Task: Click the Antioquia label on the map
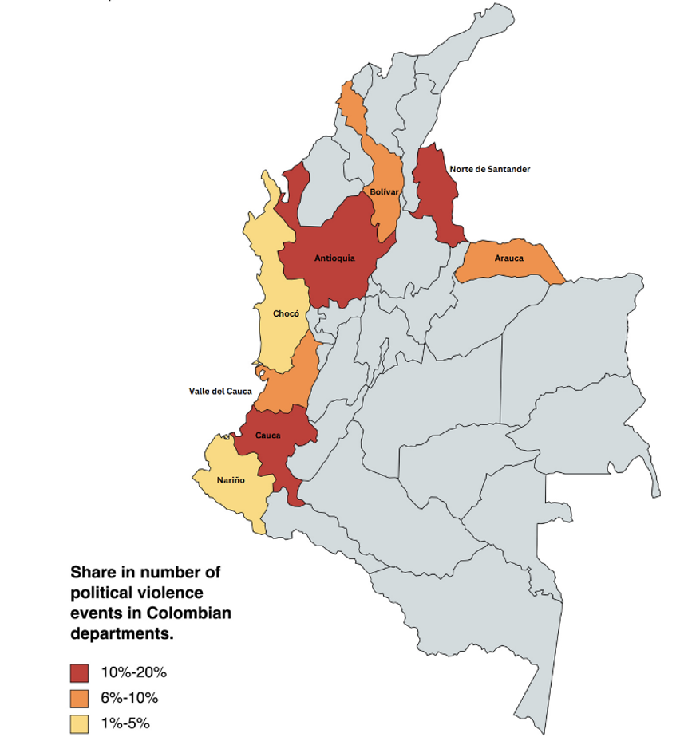[334, 258]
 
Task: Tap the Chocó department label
[286, 313]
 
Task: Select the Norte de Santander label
[489, 169]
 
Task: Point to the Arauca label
[508, 258]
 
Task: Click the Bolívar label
[384, 192]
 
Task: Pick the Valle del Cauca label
[220, 391]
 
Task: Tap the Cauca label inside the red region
[267, 436]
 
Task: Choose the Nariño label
[231, 480]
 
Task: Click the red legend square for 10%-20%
[81, 672]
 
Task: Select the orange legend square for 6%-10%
[81, 698]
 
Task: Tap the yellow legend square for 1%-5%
[81, 723]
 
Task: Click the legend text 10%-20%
[133, 672]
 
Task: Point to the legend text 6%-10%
[129, 698]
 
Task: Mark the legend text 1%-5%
[125, 723]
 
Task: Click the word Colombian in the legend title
[191, 613]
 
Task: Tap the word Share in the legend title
[93, 573]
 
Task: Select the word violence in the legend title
[152, 593]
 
